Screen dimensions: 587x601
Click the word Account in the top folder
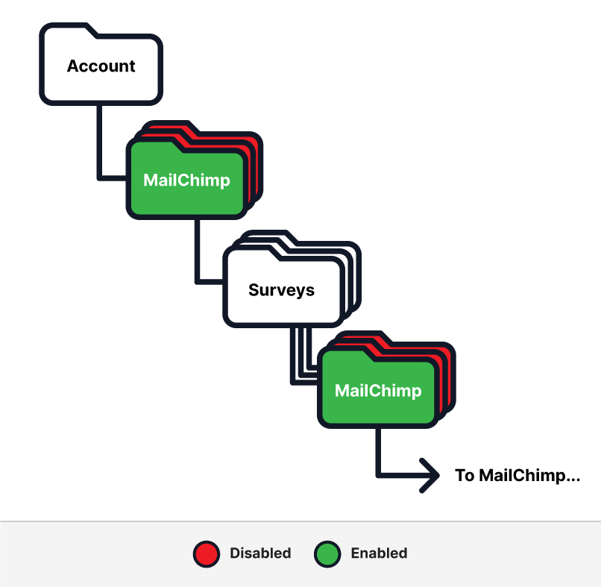(101, 66)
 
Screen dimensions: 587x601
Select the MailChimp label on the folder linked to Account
(186, 180)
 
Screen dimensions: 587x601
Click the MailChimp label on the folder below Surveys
(378, 390)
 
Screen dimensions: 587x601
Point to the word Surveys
(281, 290)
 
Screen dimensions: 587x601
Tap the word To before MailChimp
(465, 475)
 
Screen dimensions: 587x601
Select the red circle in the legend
(205, 553)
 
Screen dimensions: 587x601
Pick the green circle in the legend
(326, 553)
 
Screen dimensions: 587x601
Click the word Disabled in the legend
(260, 553)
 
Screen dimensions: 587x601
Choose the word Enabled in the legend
(379, 553)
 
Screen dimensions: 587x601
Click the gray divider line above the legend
(300, 521)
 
